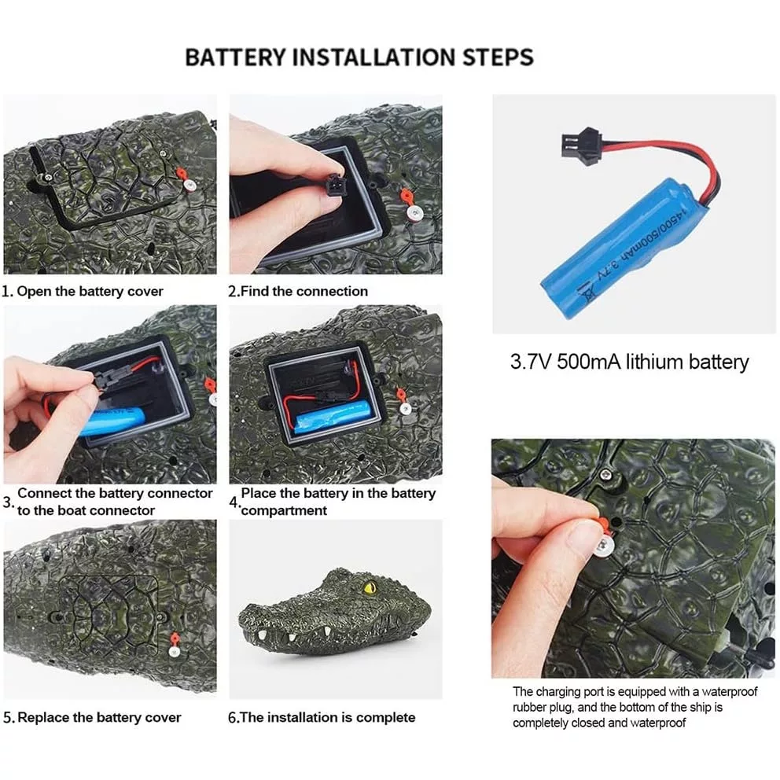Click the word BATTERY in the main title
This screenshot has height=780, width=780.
tap(235, 57)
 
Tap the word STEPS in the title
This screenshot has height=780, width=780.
tap(498, 57)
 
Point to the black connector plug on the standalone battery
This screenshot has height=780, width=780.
tap(583, 143)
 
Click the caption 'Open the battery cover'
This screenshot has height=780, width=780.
tap(90, 292)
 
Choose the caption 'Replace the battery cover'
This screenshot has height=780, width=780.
tap(100, 717)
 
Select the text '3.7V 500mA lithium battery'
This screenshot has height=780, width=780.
tap(629, 362)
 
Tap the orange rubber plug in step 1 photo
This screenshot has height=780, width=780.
tap(182, 175)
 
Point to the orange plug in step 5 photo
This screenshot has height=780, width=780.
tap(175, 639)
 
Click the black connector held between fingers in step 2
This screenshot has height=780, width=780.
tap(335, 186)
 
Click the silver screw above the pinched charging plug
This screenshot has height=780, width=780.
tap(605, 474)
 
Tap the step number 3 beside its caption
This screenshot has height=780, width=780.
tap(8, 502)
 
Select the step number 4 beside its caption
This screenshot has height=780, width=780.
tap(234, 502)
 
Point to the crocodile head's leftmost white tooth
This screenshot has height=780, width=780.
tap(262, 635)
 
